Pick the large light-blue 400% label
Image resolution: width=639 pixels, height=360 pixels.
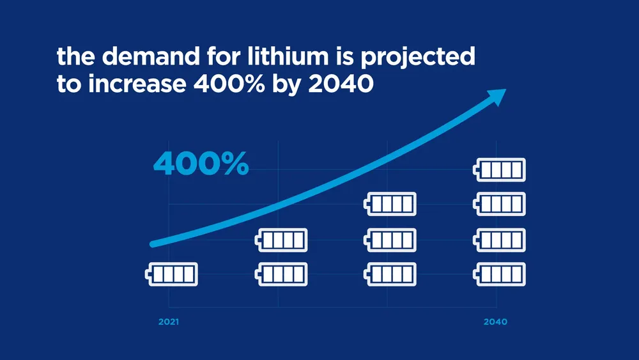click(x=201, y=164)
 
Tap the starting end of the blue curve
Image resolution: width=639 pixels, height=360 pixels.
click(x=153, y=243)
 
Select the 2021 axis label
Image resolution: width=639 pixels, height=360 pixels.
click(x=169, y=322)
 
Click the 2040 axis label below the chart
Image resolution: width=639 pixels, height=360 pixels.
click(x=496, y=322)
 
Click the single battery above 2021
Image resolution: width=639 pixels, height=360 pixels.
click(x=171, y=274)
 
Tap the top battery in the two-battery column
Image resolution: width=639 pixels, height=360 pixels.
click(x=281, y=240)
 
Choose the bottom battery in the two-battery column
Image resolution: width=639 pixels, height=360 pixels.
click(x=281, y=274)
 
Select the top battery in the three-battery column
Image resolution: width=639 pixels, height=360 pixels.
click(x=390, y=205)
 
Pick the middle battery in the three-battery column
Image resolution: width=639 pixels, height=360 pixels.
click(x=390, y=240)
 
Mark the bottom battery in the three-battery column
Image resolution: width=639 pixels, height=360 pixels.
click(x=390, y=274)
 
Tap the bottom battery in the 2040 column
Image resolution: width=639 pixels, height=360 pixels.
click(x=500, y=274)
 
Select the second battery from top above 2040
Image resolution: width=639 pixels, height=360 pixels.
click(x=500, y=205)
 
